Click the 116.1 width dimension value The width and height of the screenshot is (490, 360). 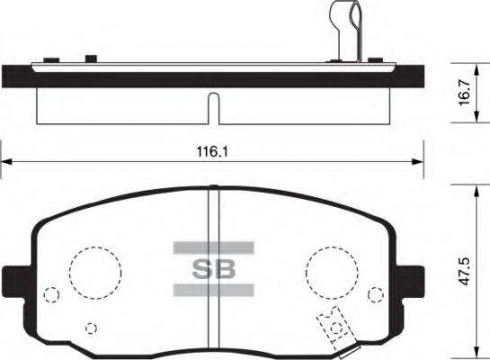click(214, 152)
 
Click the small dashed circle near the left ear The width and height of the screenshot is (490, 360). click(51, 293)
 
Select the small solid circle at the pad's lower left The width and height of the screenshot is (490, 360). click(88, 327)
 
